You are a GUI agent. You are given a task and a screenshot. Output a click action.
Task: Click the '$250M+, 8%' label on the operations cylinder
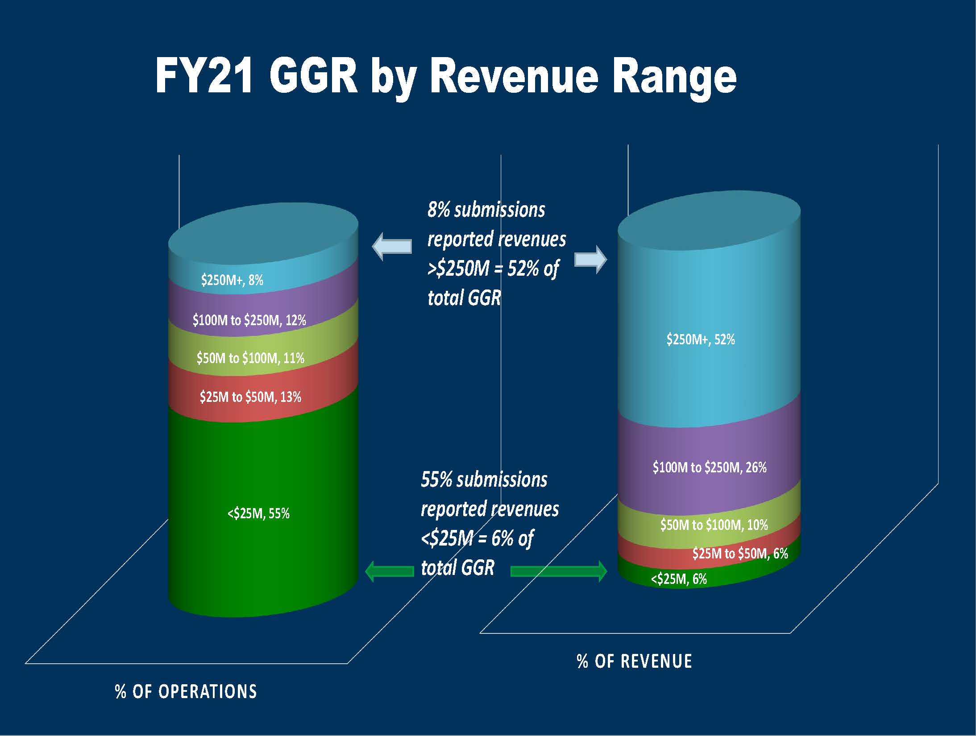tap(232, 280)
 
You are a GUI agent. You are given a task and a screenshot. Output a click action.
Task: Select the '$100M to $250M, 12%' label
tap(249, 320)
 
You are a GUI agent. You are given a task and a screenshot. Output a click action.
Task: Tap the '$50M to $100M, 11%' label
tap(250, 358)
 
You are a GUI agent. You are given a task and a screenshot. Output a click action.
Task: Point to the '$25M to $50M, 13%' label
tap(250, 397)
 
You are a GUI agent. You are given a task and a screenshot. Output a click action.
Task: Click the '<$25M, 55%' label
tap(258, 514)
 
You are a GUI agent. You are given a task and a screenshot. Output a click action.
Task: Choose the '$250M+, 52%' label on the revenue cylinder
tap(701, 340)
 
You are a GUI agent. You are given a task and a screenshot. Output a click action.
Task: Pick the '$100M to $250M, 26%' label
tap(710, 467)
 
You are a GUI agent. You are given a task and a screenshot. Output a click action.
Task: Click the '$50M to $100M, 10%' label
tap(714, 525)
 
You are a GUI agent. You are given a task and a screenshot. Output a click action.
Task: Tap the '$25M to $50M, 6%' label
tap(740, 554)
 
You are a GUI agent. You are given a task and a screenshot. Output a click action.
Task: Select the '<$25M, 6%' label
tap(679, 579)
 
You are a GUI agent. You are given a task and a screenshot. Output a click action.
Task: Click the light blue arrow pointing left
tap(392, 246)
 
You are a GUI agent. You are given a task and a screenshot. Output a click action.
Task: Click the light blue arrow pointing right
tap(590, 259)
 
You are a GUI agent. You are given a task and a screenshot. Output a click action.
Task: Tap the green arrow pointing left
tap(389, 571)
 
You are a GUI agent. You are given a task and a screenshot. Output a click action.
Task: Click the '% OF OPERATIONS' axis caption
tap(186, 691)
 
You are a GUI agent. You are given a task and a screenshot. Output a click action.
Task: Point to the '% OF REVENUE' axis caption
tap(634, 661)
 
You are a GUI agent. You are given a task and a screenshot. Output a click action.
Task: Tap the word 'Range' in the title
tap(674, 78)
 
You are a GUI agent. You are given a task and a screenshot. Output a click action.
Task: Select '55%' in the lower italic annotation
tap(436, 480)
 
